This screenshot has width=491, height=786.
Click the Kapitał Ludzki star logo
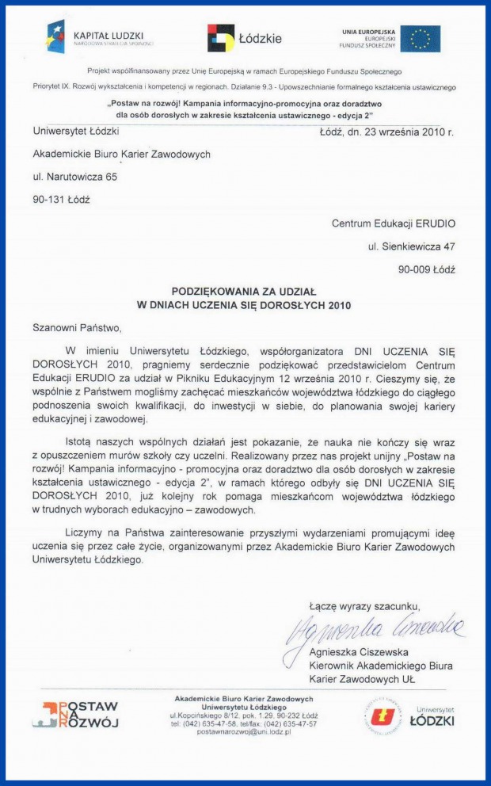click(x=55, y=36)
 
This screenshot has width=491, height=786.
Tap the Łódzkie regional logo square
click(x=221, y=37)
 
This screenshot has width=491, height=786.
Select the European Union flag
click(x=420, y=38)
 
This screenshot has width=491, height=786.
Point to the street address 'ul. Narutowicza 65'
click(x=74, y=177)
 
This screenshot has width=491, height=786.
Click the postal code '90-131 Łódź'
click(x=61, y=200)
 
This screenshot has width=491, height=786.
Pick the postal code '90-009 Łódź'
click(x=427, y=269)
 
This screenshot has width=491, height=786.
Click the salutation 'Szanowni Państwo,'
click(x=78, y=326)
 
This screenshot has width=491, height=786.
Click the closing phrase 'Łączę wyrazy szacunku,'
click(x=359, y=607)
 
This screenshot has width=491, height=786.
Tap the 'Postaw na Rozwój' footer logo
click(x=75, y=714)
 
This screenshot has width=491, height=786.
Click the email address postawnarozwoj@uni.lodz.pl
click(x=244, y=732)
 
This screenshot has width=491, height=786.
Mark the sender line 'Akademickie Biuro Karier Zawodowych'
click(x=121, y=154)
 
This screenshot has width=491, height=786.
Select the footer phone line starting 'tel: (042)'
click(x=244, y=723)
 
